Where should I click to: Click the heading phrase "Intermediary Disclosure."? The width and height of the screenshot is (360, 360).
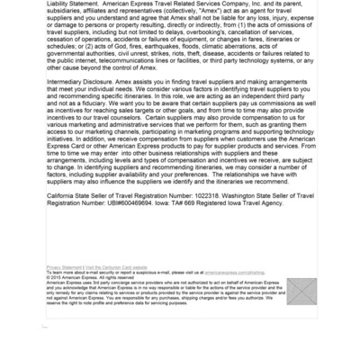(85, 80)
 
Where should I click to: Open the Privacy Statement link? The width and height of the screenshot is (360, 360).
(63, 267)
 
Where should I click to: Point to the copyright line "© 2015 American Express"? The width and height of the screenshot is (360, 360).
(75, 276)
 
